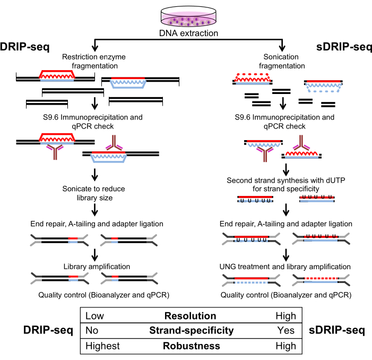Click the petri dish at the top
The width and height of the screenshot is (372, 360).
189,15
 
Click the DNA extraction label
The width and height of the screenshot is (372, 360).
189,35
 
